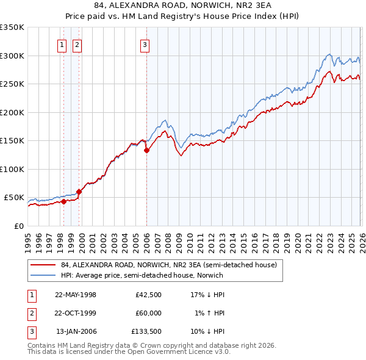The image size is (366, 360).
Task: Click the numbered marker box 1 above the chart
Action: pyautogui.click(x=62, y=44)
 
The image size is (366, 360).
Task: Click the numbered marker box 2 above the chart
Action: pyautogui.click(x=77, y=44)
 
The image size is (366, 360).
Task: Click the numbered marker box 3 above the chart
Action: pyautogui.click(x=145, y=44)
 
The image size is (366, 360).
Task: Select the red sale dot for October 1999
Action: pyautogui.click(x=79, y=192)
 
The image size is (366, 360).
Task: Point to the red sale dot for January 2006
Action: pyautogui.click(x=146, y=150)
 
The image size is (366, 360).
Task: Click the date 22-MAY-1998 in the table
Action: pyautogui.click(x=76, y=295)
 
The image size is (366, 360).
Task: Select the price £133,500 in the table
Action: pyautogui.click(x=146, y=331)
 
